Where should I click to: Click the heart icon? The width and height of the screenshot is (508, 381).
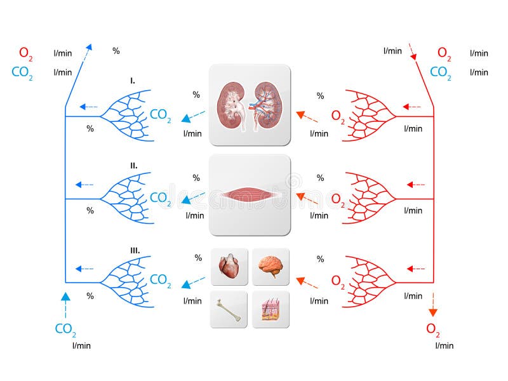pos(228,267)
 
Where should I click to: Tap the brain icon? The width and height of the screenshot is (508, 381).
pos(271,267)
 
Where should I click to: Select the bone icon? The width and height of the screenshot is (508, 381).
pos(228,309)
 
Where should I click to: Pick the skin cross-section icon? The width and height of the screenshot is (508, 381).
pos(271,309)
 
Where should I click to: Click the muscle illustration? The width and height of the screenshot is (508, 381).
pos(250,195)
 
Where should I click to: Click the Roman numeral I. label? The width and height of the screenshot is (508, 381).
pos(132,81)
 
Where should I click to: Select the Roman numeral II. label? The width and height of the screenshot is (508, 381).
pos(133,165)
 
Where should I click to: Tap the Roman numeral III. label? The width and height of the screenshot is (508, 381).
pos(135,251)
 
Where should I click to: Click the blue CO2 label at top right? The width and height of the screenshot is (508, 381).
pos(441,72)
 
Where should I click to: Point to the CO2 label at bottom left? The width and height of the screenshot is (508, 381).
pos(65,329)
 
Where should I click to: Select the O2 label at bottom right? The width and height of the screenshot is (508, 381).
pos(433,329)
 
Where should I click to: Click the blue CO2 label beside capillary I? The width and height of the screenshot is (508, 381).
pos(160,116)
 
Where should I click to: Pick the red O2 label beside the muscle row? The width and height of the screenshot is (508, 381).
pos(338,199)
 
